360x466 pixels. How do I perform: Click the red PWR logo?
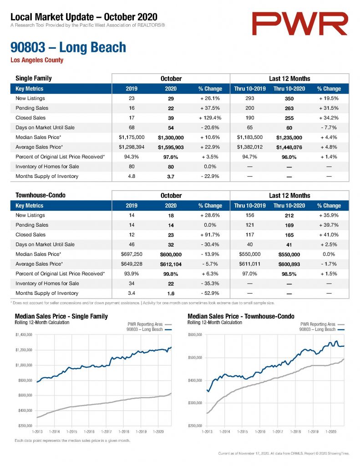[299, 24]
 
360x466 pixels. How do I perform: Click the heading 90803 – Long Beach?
[68, 47]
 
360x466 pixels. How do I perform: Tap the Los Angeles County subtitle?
[37, 60]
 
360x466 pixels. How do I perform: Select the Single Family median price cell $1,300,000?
[171, 137]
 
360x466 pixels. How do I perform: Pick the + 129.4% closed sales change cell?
[210, 118]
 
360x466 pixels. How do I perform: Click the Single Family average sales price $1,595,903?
[171, 147]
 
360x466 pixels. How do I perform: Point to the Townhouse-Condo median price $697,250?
[132, 254]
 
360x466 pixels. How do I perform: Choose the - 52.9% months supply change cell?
[210, 294]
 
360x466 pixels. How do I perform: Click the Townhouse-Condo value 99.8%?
[171, 274]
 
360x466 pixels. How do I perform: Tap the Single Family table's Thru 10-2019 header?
[250, 89]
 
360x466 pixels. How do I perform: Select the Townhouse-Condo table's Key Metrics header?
[29, 206]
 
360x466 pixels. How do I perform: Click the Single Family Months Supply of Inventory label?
[47, 176]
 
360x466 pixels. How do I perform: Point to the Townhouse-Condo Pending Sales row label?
[32, 225]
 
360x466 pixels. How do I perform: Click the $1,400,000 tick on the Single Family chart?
[24, 335]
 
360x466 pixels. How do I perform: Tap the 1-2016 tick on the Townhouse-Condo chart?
[260, 432]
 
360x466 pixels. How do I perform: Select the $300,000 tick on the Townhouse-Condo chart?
[195, 403]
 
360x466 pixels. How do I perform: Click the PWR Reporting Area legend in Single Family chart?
[145, 324]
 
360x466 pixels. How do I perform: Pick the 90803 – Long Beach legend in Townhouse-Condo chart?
[317, 329]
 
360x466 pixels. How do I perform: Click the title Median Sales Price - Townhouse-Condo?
[241, 317]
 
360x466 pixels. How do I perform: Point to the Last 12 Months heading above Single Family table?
[289, 79]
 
